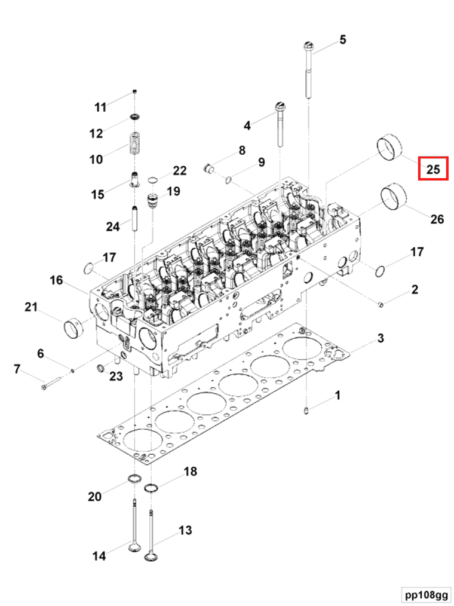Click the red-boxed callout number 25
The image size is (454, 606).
pos(433,169)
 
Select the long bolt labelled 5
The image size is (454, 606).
pos(309,69)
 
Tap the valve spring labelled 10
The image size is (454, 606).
pos(134,143)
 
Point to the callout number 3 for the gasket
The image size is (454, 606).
pos(381,338)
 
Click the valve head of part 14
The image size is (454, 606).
pos(134,547)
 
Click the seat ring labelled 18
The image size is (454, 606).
pos(151,488)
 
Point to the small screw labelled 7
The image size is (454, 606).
pos(51,384)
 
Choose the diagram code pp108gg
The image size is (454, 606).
pos(425,594)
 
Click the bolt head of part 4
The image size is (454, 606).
pos(280,106)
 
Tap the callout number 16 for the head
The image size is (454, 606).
pos(56,280)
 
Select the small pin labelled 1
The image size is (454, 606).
pos(306,411)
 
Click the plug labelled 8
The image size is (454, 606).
pos(208,168)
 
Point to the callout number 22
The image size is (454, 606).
pos(180,170)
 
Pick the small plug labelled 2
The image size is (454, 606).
pos(380,305)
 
